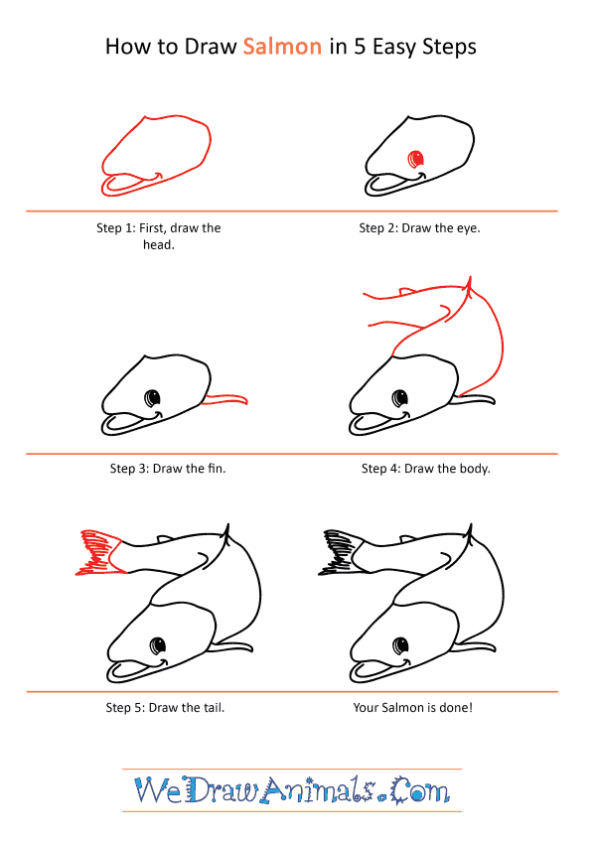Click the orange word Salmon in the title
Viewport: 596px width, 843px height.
coord(282,47)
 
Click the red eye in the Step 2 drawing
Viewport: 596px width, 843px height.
coord(416,159)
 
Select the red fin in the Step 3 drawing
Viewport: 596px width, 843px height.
coord(225,399)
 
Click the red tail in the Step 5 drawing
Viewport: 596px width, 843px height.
coord(100,553)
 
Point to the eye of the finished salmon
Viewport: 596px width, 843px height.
coord(400,644)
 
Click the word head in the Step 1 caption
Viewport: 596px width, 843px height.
coord(159,244)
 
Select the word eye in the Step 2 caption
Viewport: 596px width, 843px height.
coord(469,228)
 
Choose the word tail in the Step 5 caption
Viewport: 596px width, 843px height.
coord(214,708)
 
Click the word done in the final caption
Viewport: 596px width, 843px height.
coord(456,708)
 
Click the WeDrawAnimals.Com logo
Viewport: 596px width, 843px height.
coord(292,790)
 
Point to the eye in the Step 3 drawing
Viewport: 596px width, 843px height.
coord(153,398)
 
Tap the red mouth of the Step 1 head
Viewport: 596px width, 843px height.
coord(132,184)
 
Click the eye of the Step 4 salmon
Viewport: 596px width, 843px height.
coord(399,398)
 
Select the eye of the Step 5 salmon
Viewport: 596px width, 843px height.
coord(158,644)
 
